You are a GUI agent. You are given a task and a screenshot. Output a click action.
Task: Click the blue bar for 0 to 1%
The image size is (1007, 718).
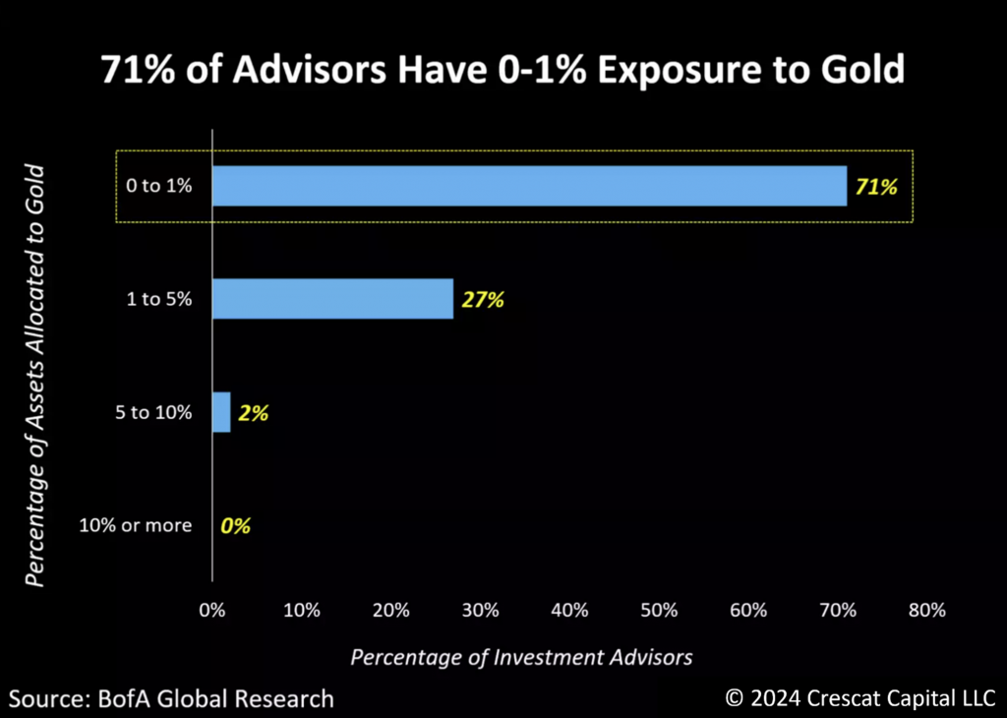[530, 186]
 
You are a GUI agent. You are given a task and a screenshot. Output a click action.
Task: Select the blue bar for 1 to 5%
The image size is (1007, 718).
[332, 299]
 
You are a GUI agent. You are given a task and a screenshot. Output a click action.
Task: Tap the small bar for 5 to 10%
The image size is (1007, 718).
[221, 412]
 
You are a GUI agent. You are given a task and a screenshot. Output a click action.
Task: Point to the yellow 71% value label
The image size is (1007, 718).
[876, 187]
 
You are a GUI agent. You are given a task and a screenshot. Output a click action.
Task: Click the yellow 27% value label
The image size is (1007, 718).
[483, 299]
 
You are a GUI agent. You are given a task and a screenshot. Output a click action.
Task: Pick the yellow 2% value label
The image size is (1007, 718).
[254, 413]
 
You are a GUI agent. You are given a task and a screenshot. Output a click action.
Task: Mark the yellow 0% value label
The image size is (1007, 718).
[236, 526]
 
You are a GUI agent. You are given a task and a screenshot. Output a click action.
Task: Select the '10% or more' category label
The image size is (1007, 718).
[136, 525]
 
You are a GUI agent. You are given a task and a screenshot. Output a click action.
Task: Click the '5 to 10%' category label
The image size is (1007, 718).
[153, 412]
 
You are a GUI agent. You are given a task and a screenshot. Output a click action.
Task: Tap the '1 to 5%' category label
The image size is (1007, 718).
[159, 299]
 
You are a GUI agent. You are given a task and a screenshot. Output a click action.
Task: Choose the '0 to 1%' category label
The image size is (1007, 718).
[159, 186]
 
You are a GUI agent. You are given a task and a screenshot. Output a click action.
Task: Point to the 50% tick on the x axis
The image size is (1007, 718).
[659, 610]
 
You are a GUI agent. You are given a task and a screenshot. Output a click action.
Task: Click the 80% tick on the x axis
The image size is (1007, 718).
[926, 610]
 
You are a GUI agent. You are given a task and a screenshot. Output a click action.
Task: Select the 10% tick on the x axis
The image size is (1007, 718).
[302, 610]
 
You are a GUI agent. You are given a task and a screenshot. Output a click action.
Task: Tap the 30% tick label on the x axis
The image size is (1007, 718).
[480, 610]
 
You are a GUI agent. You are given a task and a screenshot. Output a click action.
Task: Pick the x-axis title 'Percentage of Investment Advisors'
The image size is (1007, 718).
[521, 658]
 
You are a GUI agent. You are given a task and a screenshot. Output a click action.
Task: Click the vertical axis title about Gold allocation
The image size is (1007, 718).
[34, 375]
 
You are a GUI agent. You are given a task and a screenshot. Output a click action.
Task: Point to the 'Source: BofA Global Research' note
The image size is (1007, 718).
[171, 698]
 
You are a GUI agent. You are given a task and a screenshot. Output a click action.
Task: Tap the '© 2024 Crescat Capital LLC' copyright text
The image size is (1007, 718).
[859, 698]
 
